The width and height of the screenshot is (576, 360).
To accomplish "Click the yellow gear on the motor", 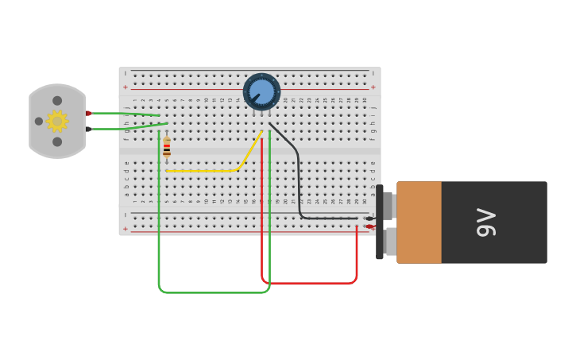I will [x=56, y=121].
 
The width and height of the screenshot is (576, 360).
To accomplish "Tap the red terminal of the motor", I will [x=88, y=114].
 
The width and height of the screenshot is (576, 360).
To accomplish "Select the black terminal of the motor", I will [x=88, y=129].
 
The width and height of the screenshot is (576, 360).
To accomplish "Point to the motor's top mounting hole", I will [x=57, y=101].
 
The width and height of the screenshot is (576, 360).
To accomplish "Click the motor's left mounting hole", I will [x=39, y=122].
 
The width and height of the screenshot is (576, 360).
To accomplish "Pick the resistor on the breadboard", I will [x=167, y=148].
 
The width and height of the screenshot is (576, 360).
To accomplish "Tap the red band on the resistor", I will [x=167, y=150].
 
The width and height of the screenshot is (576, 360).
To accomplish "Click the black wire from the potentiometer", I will [x=299, y=183].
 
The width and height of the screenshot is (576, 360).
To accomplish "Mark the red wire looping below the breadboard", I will [x=310, y=282].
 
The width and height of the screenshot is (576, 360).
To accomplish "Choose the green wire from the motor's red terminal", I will [x=127, y=114].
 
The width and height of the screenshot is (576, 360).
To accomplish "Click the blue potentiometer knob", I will [x=261, y=92].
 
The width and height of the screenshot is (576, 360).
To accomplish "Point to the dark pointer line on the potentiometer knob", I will [x=256, y=98].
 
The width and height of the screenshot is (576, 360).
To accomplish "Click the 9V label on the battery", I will [x=485, y=223].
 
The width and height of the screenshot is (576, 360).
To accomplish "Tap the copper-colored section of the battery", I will [x=419, y=223].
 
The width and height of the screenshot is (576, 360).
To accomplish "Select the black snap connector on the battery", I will [x=380, y=223].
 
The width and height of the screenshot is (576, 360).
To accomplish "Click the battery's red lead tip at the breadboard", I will [x=369, y=226].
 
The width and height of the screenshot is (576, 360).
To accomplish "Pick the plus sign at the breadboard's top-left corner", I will [x=125, y=87].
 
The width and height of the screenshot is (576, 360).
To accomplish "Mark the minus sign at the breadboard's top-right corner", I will [x=373, y=73].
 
